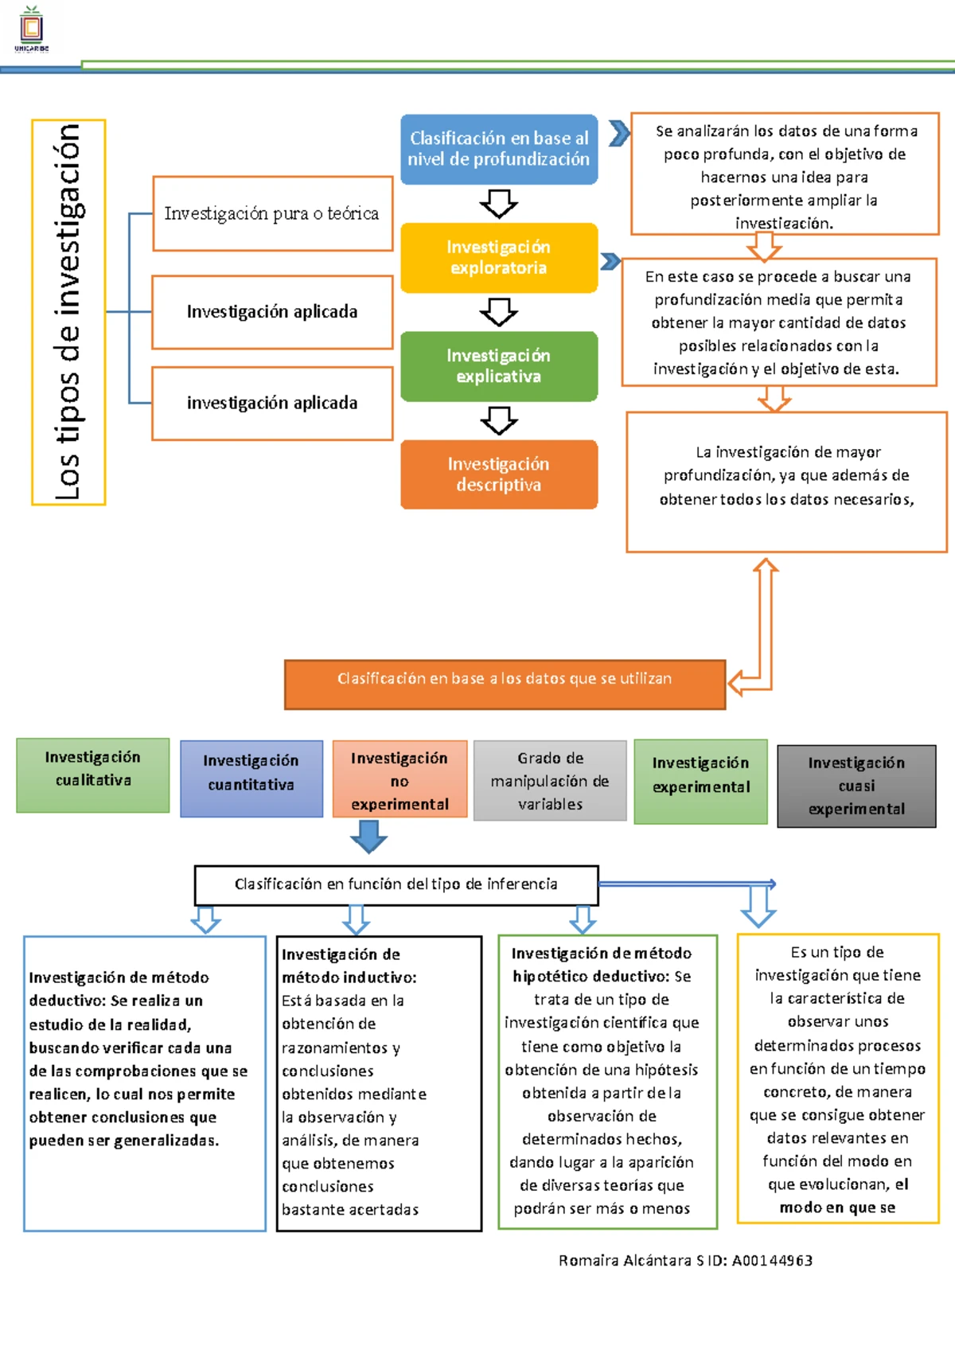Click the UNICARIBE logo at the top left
pos(32,29)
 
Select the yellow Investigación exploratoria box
pos(499,258)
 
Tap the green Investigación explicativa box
pos(499,366)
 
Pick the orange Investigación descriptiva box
pos(499,474)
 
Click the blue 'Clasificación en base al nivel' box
pos(499,149)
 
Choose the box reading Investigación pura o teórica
pos(272,213)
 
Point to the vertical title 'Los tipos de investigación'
pos(68,312)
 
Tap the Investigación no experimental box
pos(400,780)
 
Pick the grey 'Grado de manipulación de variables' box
pos(550,781)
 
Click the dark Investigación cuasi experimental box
pos(856,786)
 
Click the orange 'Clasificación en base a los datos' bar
pos(505,684)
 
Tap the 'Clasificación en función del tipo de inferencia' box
pos(396,884)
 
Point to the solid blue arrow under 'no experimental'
pos(368,836)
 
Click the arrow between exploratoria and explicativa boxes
pos(499,312)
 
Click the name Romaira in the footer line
pos(588,1261)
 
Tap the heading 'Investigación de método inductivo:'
pos(349,966)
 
